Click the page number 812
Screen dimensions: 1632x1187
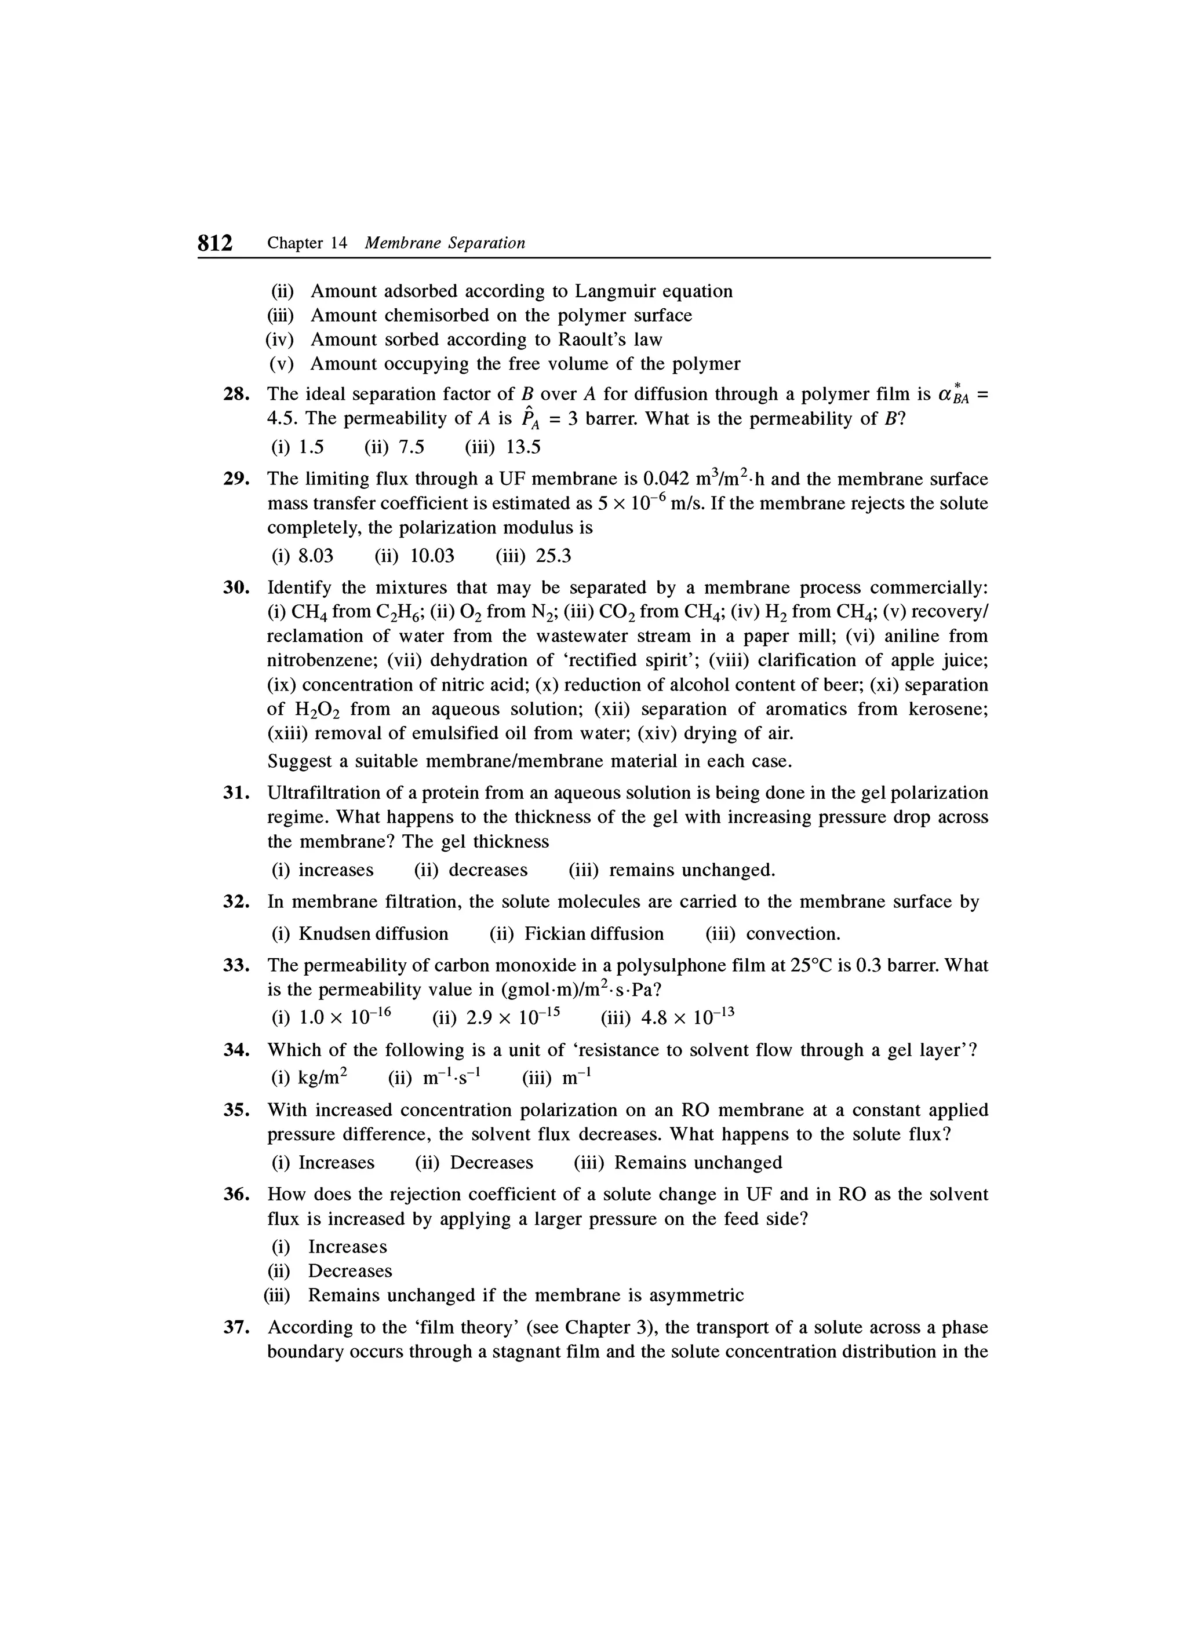pos(215,243)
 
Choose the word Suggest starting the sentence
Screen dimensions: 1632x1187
pos(298,761)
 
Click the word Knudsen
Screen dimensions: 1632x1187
pos(335,934)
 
